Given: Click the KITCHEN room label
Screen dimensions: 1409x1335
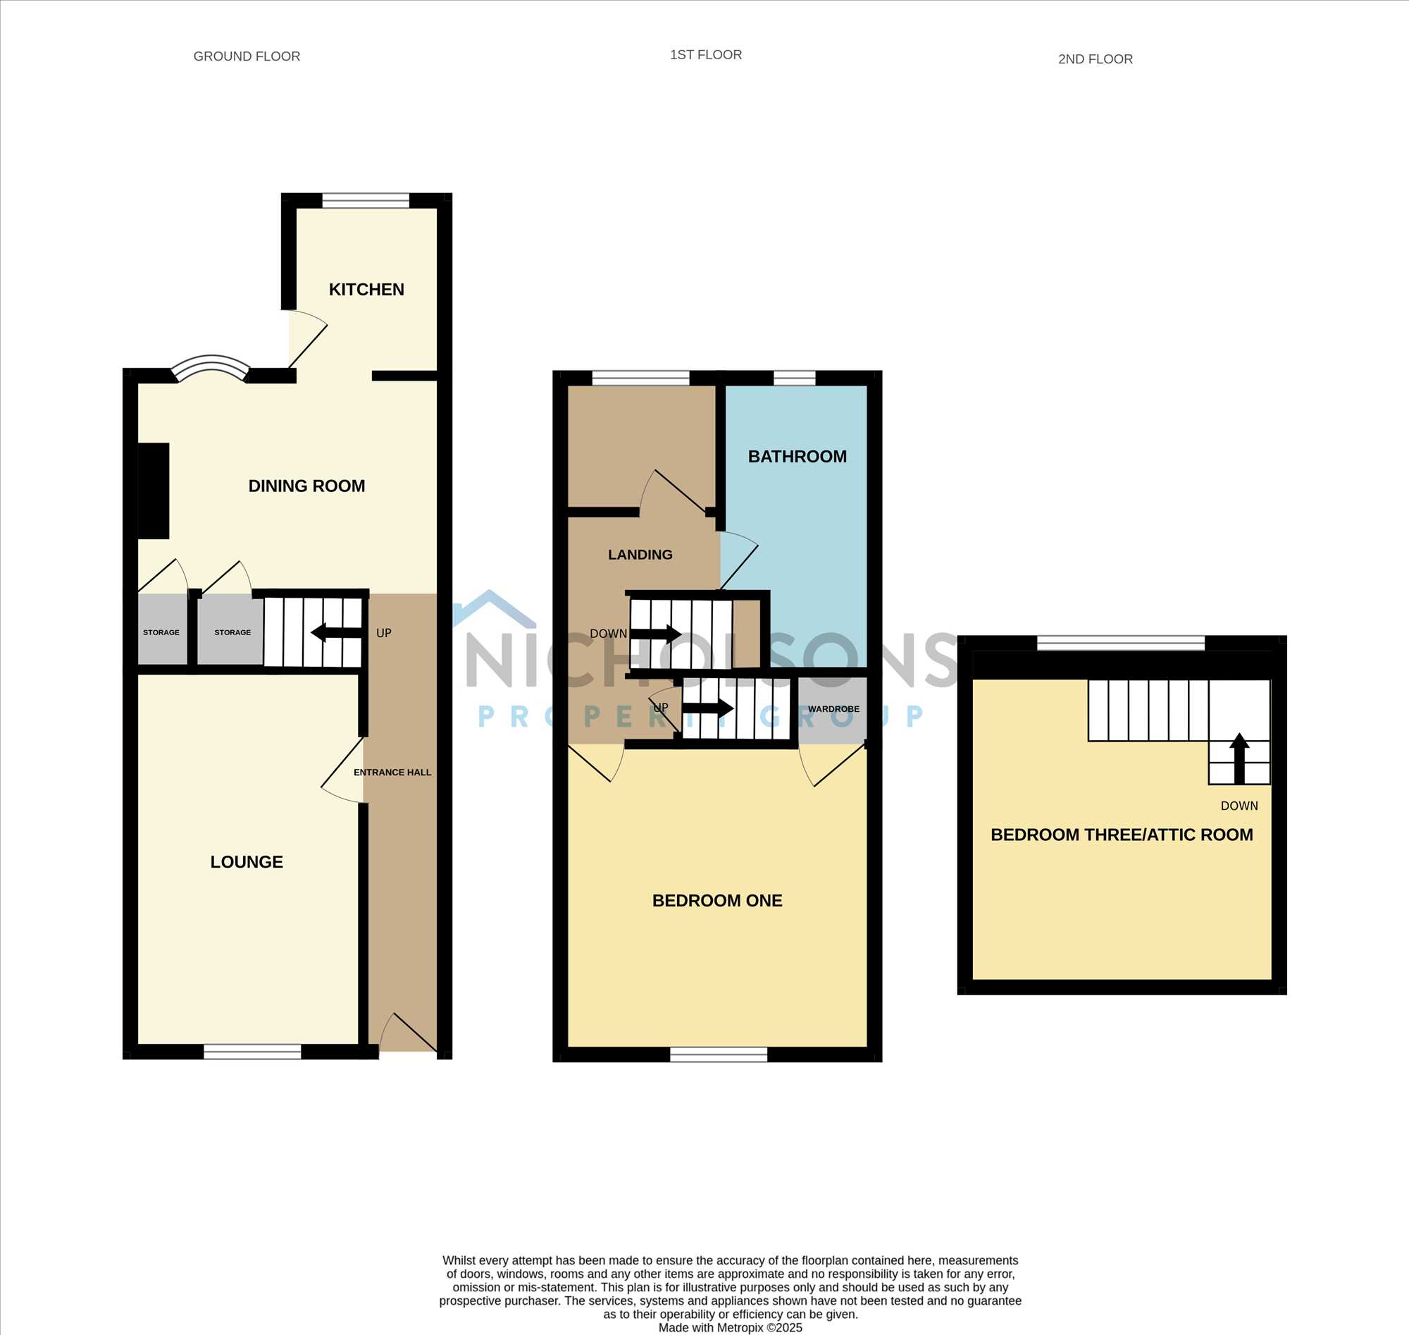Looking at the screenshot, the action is pyautogui.click(x=366, y=290).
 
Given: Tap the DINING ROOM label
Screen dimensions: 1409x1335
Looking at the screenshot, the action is pyautogui.click(x=306, y=486).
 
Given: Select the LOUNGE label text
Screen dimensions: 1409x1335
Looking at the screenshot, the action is pyautogui.click(x=247, y=862).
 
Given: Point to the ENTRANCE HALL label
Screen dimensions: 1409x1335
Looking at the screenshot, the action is pyautogui.click(x=392, y=772).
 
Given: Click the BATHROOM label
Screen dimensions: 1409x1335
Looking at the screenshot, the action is pyautogui.click(x=797, y=457).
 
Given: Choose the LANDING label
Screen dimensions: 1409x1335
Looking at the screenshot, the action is pyautogui.click(x=640, y=554).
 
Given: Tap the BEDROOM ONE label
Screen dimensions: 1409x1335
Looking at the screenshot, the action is pyautogui.click(x=717, y=900).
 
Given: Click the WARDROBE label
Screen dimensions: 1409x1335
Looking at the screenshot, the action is pyautogui.click(x=833, y=709).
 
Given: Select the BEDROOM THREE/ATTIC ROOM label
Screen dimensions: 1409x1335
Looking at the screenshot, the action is pyautogui.click(x=1122, y=835).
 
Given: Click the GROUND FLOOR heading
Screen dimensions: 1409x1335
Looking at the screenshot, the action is pyautogui.click(x=247, y=56).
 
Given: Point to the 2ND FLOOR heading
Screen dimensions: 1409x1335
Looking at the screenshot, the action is pyautogui.click(x=1095, y=59).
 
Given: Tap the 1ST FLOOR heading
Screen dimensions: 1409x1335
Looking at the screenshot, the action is pyautogui.click(x=706, y=55).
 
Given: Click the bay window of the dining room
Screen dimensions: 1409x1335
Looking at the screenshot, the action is pyautogui.click(x=211, y=366).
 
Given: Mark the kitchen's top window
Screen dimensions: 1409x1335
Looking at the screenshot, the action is pyautogui.click(x=366, y=201).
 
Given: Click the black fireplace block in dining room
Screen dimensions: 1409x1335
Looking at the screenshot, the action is pyautogui.click(x=154, y=491).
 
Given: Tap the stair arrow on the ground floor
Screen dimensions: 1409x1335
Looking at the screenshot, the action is pyautogui.click(x=337, y=632).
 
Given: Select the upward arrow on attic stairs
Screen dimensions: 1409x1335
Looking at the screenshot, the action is pyautogui.click(x=1239, y=758).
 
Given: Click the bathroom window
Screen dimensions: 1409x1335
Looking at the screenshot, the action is pyautogui.click(x=795, y=378).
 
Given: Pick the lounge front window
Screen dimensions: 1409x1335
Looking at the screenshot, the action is pyautogui.click(x=252, y=1051).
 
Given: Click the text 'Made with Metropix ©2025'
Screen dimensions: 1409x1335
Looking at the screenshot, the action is pyautogui.click(x=730, y=1327).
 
